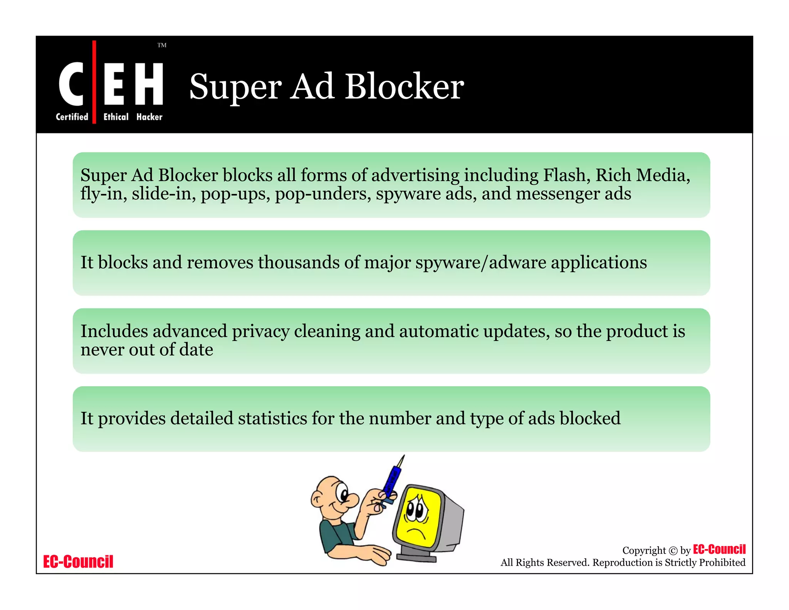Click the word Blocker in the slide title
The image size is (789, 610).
404,87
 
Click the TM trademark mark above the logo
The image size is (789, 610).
162,45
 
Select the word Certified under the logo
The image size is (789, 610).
72,117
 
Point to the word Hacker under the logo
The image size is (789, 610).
149,117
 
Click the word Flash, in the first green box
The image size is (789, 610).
567,175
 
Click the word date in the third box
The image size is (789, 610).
196,350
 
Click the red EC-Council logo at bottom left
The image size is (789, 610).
78,562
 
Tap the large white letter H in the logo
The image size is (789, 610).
149,84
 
